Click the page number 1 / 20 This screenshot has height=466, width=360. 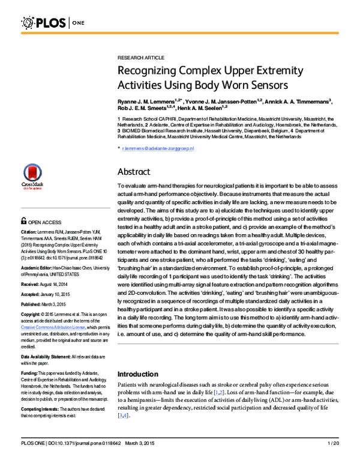click(334, 459)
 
